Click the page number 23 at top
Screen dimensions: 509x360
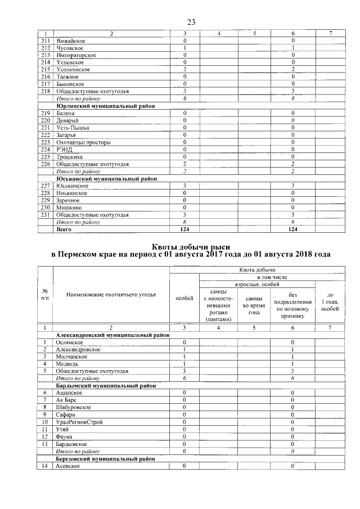tap(191, 22)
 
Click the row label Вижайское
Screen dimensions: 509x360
tap(71, 40)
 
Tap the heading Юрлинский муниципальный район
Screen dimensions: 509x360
tap(105, 106)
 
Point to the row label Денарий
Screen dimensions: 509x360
tap(67, 120)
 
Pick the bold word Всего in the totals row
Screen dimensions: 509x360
tap(64, 229)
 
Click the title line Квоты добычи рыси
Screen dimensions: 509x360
tap(191, 246)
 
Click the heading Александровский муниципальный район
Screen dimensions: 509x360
tap(112, 335)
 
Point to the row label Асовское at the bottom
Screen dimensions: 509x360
tap(69, 466)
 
